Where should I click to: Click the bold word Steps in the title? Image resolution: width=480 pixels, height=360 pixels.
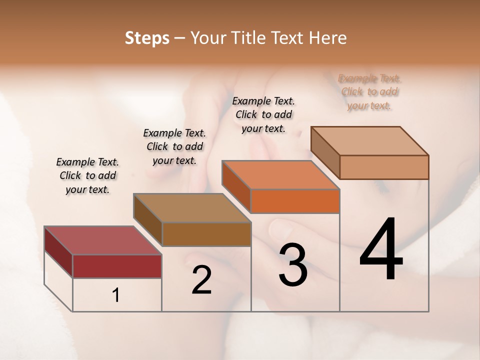(x=147, y=38)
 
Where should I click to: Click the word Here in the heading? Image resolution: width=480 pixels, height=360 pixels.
(x=328, y=38)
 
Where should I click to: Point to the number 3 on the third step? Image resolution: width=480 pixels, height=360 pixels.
(x=293, y=264)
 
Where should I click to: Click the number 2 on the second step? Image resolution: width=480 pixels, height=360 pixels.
(x=202, y=280)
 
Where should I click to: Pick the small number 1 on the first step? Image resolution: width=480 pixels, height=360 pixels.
(x=116, y=295)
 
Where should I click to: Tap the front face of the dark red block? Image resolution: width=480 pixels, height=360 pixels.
(x=117, y=266)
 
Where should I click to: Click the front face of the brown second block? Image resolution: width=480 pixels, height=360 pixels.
(x=206, y=234)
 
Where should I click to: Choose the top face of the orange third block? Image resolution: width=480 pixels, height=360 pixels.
(x=280, y=175)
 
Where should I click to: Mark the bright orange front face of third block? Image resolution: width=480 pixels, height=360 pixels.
(x=295, y=201)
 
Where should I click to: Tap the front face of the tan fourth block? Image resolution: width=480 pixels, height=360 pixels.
(x=384, y=167)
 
